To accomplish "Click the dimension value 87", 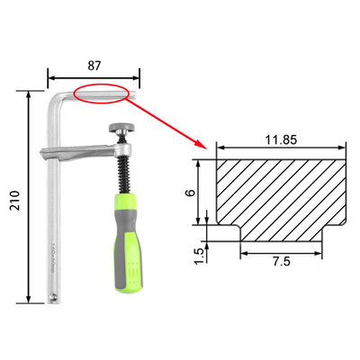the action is click(x=94, y=66).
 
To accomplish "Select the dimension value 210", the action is click(x=14, y=201).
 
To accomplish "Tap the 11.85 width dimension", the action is click(x=281, y=139).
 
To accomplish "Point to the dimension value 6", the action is click(x=191, y=193).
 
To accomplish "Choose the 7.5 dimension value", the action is click(x=282, y=262).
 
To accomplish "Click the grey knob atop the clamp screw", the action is click(x=122, y=128).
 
